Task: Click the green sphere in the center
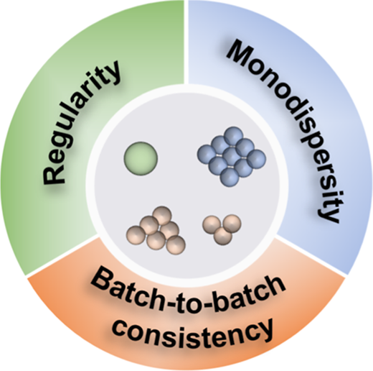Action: pyautogui.click(x=141, y=158)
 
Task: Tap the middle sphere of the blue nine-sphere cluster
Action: pyautogui.click(x=232, y=157)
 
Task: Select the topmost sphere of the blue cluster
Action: pyautogui.click(x=234, y=136)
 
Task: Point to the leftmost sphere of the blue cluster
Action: pyautogui.click(x=207, y=155)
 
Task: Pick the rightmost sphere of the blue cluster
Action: pyautogui.click(x=257, y=159)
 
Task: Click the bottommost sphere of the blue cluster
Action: pyautogui.click(x=230, y=177)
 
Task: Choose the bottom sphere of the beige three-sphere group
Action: pyautogui.click(x=223, y=236)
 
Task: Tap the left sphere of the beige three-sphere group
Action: pyautogui.click(x=212, y=224)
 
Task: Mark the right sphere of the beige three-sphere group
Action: pyautogui.click(x=232, y=224)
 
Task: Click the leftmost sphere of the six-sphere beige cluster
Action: pyautogui.click(x=136, y=235)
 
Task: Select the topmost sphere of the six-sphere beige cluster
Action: pyautogui.click(x=162, y=216)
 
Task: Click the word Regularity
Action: pyautogui.click(x=81, y=123)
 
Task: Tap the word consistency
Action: pyautogui.click(x=193, y=331)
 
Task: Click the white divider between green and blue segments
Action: pyautogui.click(x=186, y=42)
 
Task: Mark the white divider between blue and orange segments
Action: pyautogui.click(x=311, y=257)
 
